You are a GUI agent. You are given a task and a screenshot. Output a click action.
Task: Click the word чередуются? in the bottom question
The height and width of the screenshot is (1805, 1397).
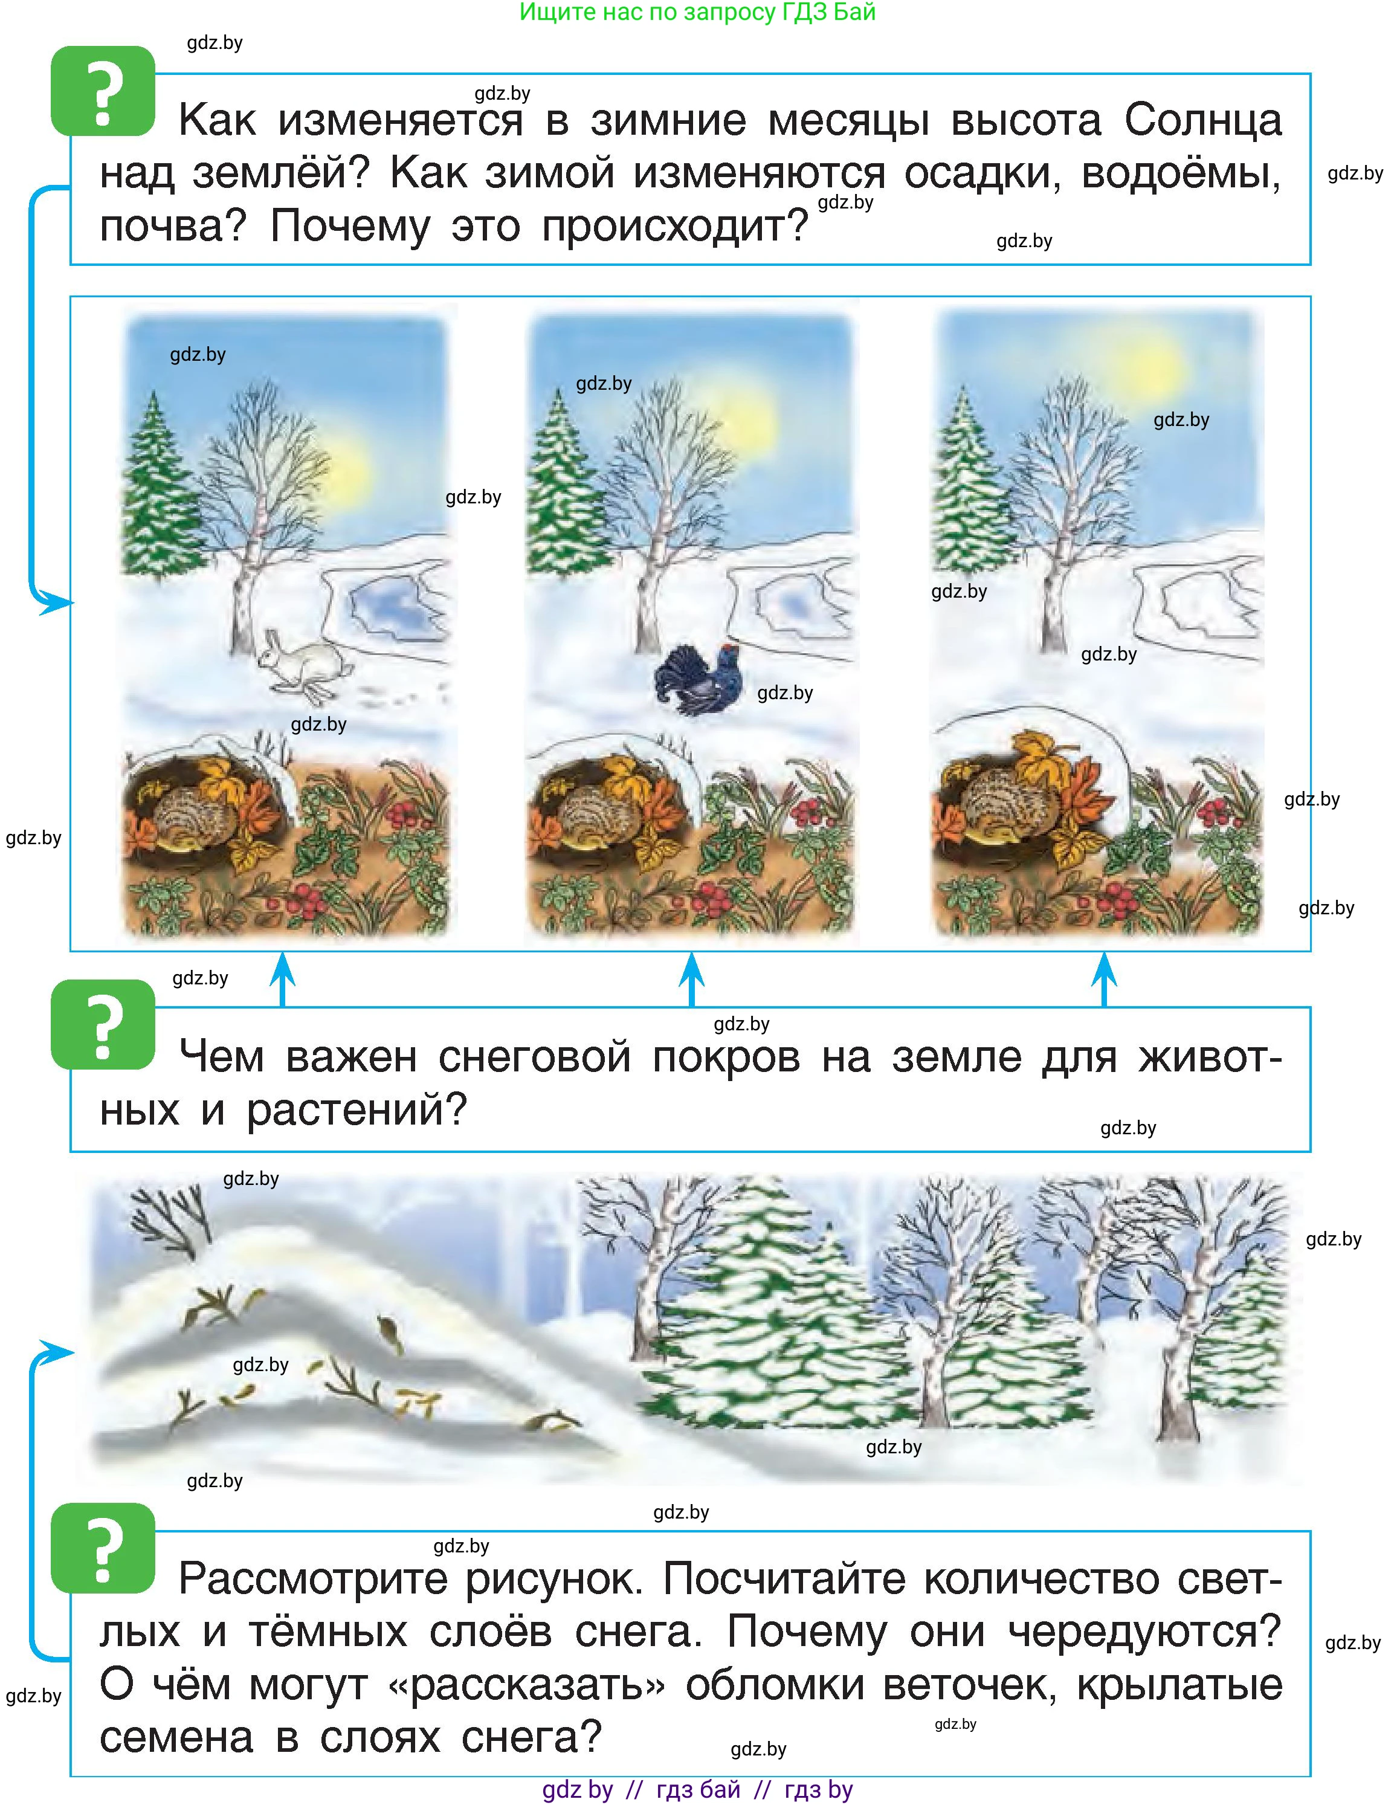click(x=1144, y=1632)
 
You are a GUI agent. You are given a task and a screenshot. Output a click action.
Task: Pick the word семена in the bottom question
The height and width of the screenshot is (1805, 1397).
click(x=176, y=1736)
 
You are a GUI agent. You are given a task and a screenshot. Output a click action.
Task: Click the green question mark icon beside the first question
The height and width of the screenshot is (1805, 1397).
click(x=103, y=91)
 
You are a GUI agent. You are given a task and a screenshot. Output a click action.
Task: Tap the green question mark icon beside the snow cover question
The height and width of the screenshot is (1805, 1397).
click(x=103, y=1025)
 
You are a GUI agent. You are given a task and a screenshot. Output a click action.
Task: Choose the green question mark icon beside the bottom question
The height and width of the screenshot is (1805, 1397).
click(x=103, y=1548)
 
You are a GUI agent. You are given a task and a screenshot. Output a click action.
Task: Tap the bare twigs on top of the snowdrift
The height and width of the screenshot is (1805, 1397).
click(x=169, y=1214)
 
